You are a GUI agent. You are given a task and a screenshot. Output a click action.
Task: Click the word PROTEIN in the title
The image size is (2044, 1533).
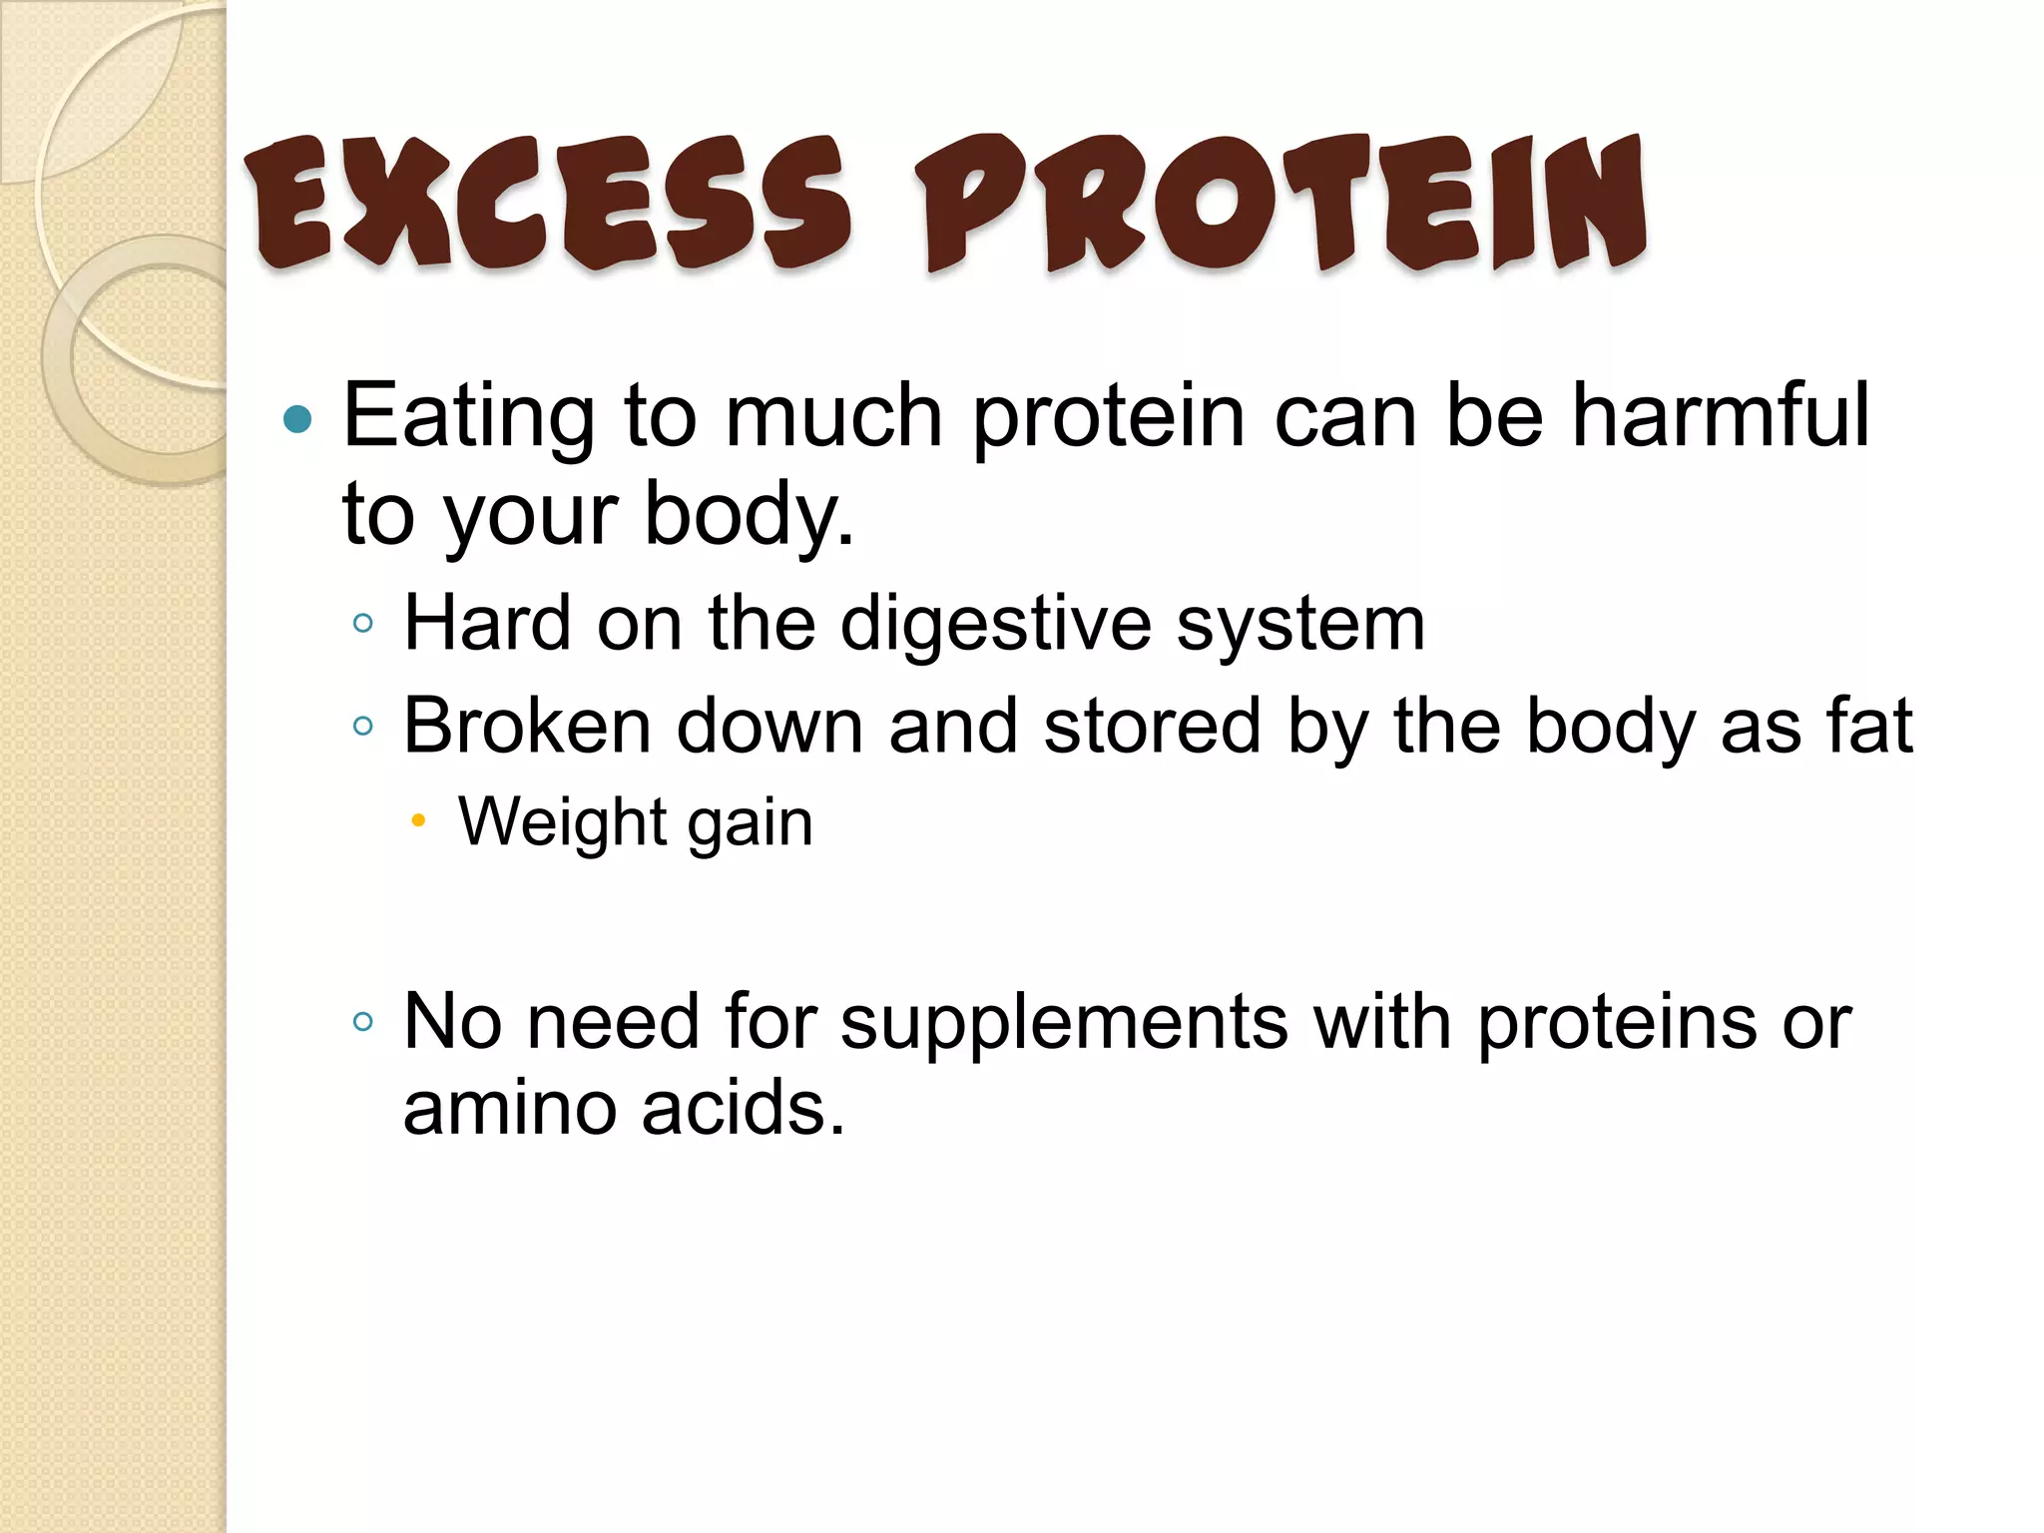tap(1280, 205)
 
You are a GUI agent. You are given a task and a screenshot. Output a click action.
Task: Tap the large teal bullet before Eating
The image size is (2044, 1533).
tap(297, 419)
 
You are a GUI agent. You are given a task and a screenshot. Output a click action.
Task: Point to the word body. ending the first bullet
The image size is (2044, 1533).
tap(749, 515)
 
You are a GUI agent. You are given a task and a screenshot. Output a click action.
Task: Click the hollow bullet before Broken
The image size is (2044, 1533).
tap(363, 727)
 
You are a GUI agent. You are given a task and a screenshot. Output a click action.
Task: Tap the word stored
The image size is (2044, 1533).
tap(1152, 726)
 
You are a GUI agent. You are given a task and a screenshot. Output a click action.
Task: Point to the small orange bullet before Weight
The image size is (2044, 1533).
tap(418, 822)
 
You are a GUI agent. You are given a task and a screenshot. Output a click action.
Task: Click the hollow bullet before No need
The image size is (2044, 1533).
tap(363, 1022)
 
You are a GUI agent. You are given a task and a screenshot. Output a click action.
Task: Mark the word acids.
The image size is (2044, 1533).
tap(743, 1109)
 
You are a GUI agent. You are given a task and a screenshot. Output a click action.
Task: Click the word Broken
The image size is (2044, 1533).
tap(527, 726)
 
